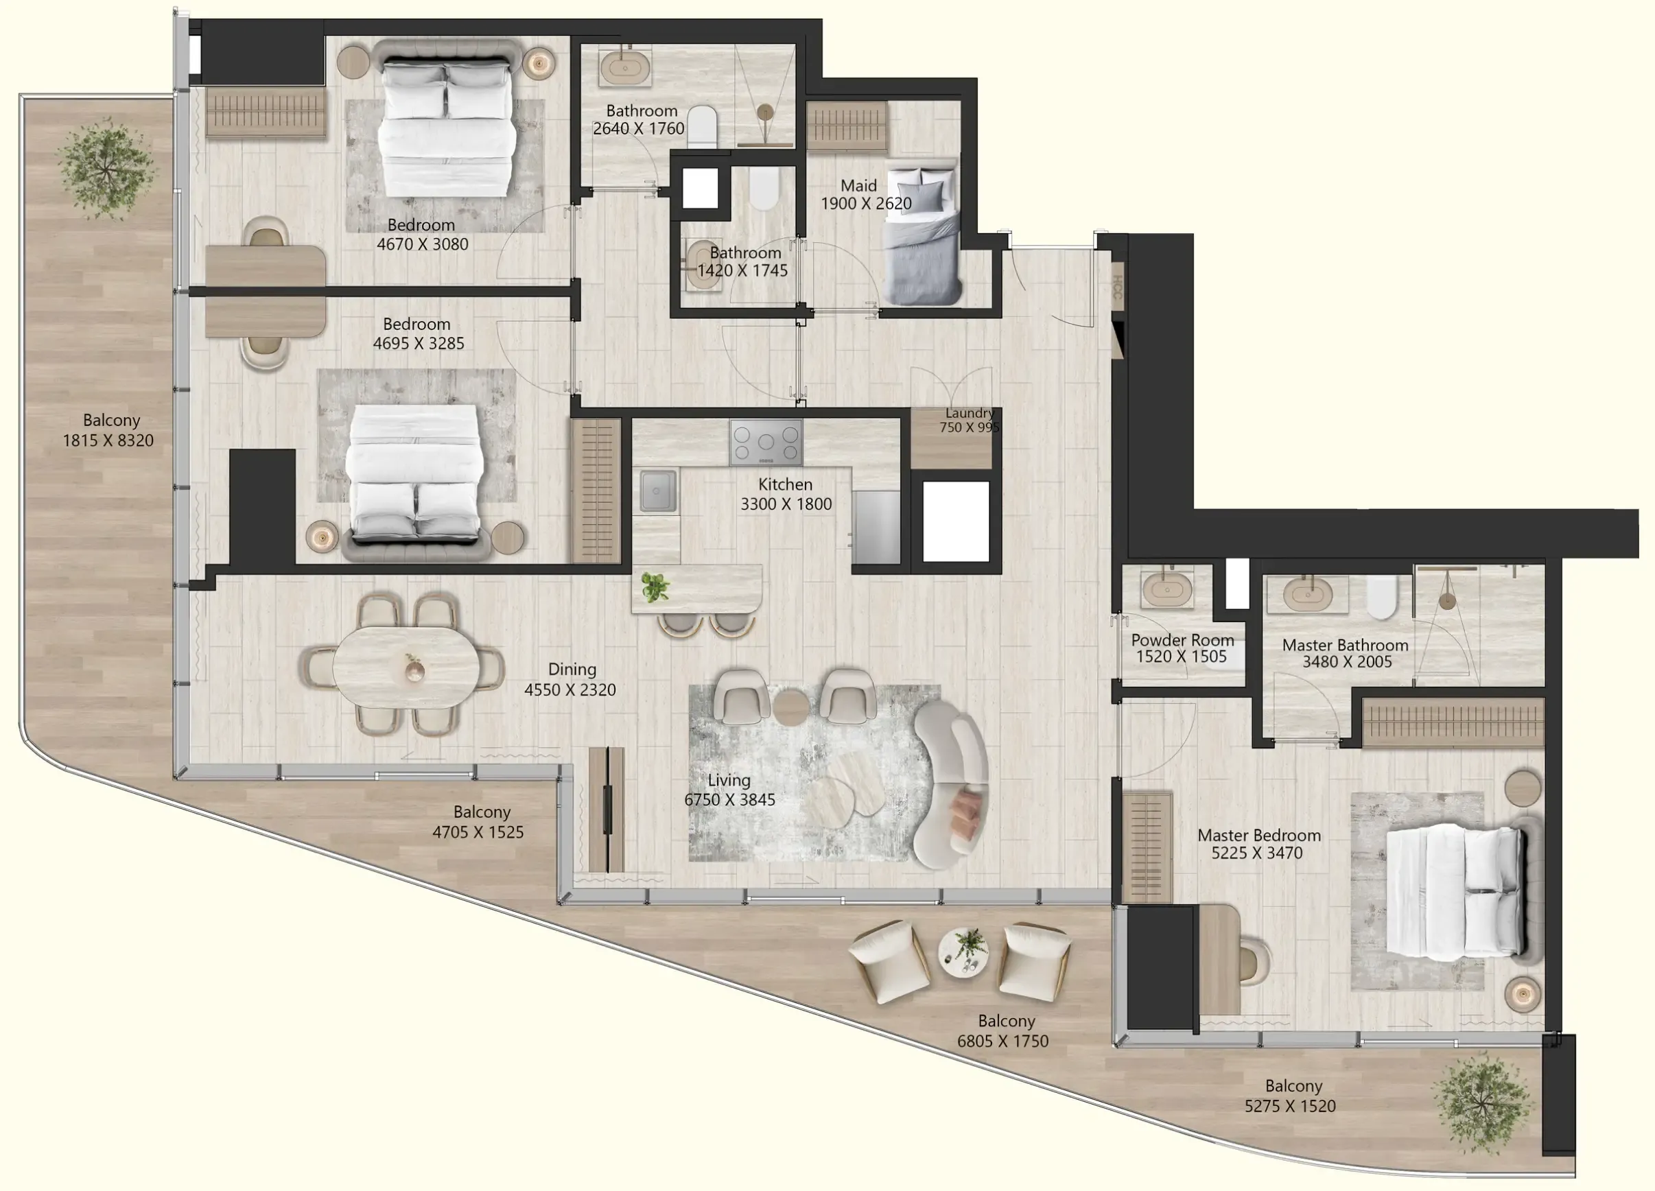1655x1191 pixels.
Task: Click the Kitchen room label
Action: coord(784,484)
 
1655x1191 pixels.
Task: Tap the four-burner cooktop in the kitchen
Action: coord(766,442)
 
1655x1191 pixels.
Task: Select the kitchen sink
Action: coord(657,491)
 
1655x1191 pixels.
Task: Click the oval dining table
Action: coord(406,667)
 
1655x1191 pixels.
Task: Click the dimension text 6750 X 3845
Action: coord(729,800)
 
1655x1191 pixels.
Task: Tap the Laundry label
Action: coord(969,413)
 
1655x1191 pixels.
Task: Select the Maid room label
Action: coord(858,186)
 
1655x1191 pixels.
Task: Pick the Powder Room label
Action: coord(1182,640)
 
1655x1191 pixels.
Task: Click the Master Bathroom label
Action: coord(1345,645)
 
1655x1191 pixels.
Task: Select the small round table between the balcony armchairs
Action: coord(963,952)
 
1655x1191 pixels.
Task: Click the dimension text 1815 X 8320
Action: coord(108,440)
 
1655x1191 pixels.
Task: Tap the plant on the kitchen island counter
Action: coord(655,587)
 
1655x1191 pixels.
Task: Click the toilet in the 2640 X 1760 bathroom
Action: coord(702,126)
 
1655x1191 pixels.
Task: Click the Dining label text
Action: coord(572,669)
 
